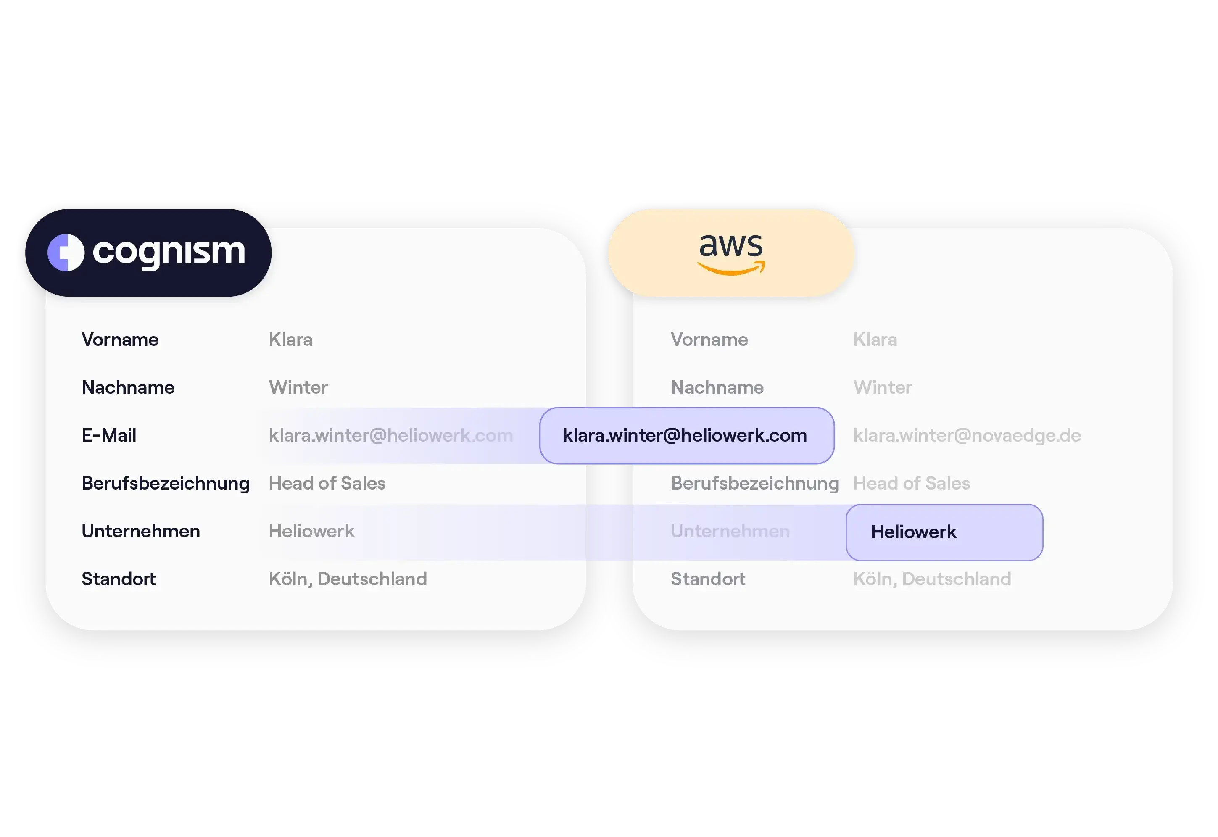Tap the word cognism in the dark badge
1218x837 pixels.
169,252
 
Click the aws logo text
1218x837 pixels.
731,245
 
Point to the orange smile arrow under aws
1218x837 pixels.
731,270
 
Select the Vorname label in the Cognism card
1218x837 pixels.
120,340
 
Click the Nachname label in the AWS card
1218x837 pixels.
717,387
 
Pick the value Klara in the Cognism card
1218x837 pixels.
290,340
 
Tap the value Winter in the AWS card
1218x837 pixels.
882,387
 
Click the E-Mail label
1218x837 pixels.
109,435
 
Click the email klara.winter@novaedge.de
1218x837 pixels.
967,435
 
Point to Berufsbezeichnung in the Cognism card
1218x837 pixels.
165,483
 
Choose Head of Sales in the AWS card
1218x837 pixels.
911,483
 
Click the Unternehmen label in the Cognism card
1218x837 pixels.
140,531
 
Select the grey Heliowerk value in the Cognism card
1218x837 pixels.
311,531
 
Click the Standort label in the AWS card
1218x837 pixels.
708,579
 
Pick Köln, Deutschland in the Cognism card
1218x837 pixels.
348,579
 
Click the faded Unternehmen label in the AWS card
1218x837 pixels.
730,531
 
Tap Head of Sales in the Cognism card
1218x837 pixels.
327,483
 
